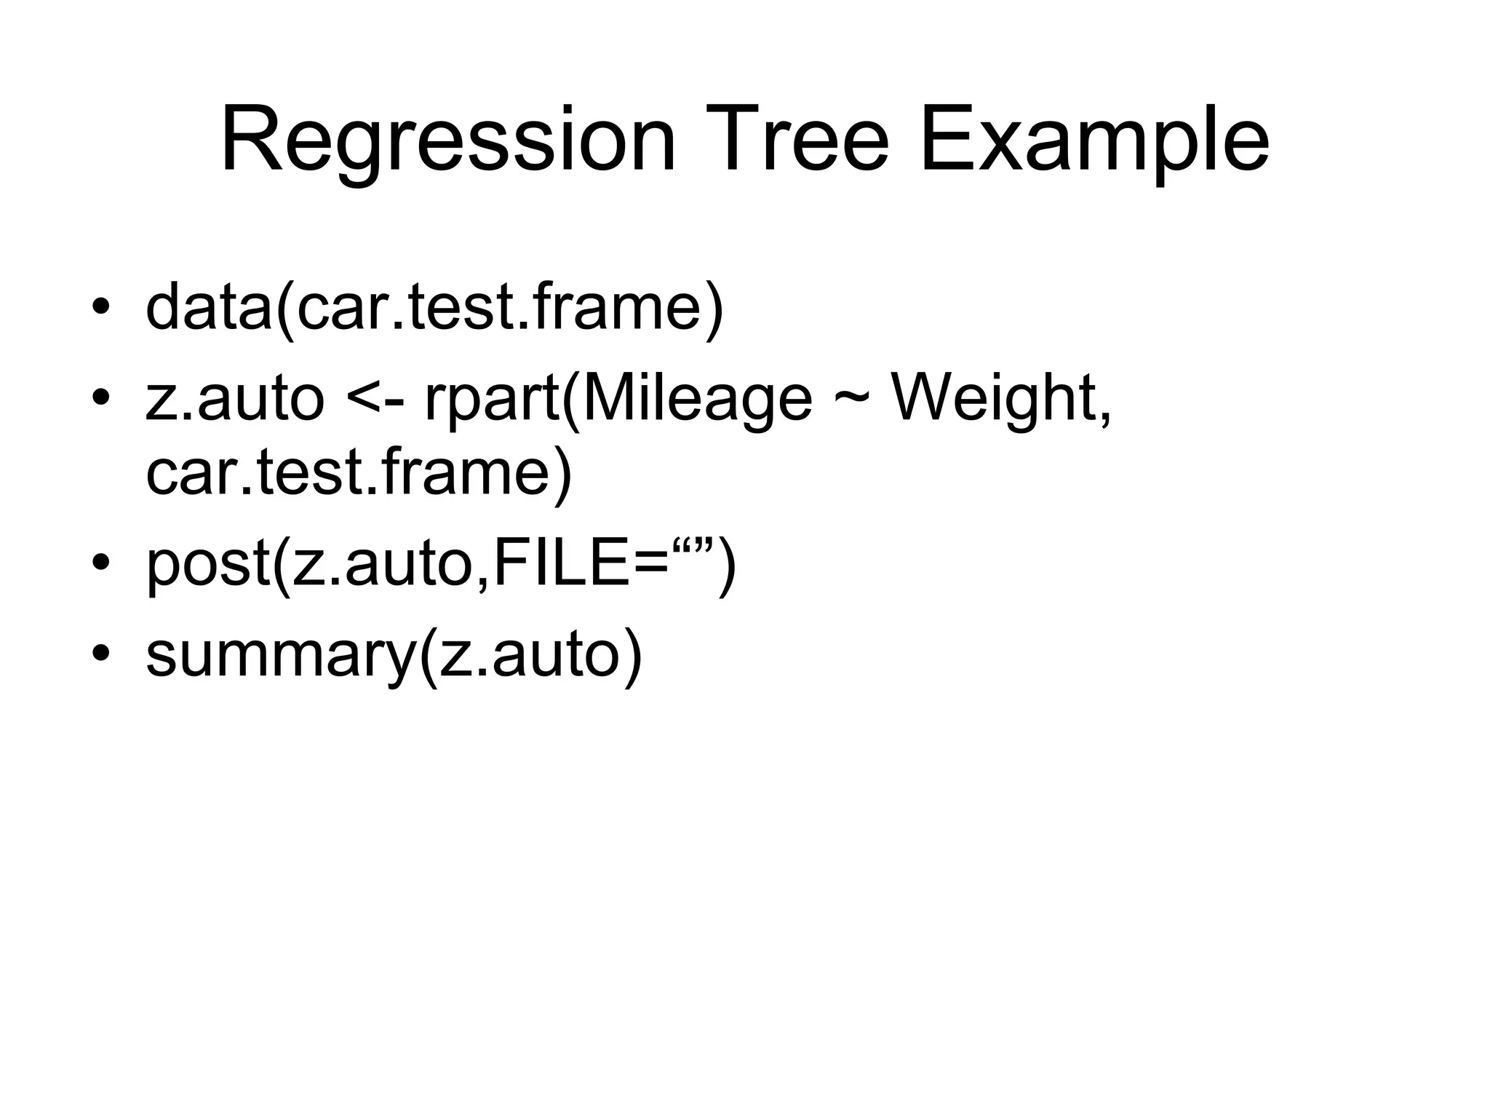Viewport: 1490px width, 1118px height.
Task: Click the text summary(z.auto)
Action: pyautogui.click(x=394, y=654)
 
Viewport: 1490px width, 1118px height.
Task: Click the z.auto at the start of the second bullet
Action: pyautogui.click(x=234, y=400)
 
